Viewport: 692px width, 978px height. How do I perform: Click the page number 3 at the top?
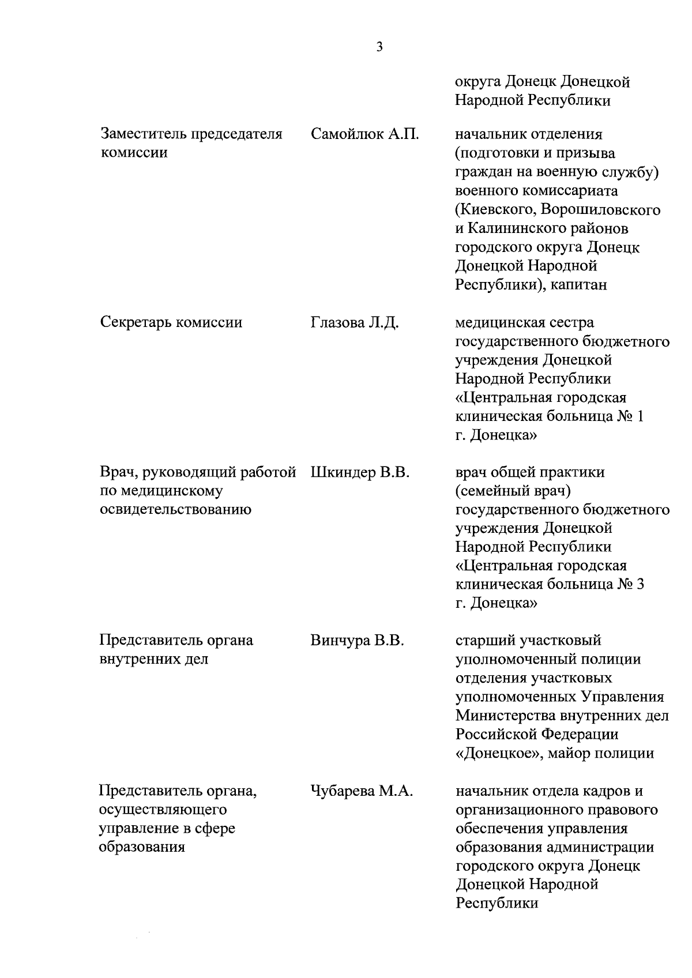[379, 47]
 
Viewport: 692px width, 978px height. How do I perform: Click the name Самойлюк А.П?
[364, 134]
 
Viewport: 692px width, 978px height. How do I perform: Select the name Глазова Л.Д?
[355, 322]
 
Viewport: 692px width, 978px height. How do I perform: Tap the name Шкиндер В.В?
[360, 472]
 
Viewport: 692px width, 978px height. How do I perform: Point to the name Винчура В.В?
[358, 640]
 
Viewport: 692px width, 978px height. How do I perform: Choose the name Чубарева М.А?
[362, 791]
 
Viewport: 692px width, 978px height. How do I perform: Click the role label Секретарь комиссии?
[171, 322]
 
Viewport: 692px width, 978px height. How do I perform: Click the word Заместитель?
[144, 134]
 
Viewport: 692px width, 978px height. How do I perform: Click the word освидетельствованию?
[175, 510]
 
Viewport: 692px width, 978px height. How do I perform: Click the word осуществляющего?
[163, 810]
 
